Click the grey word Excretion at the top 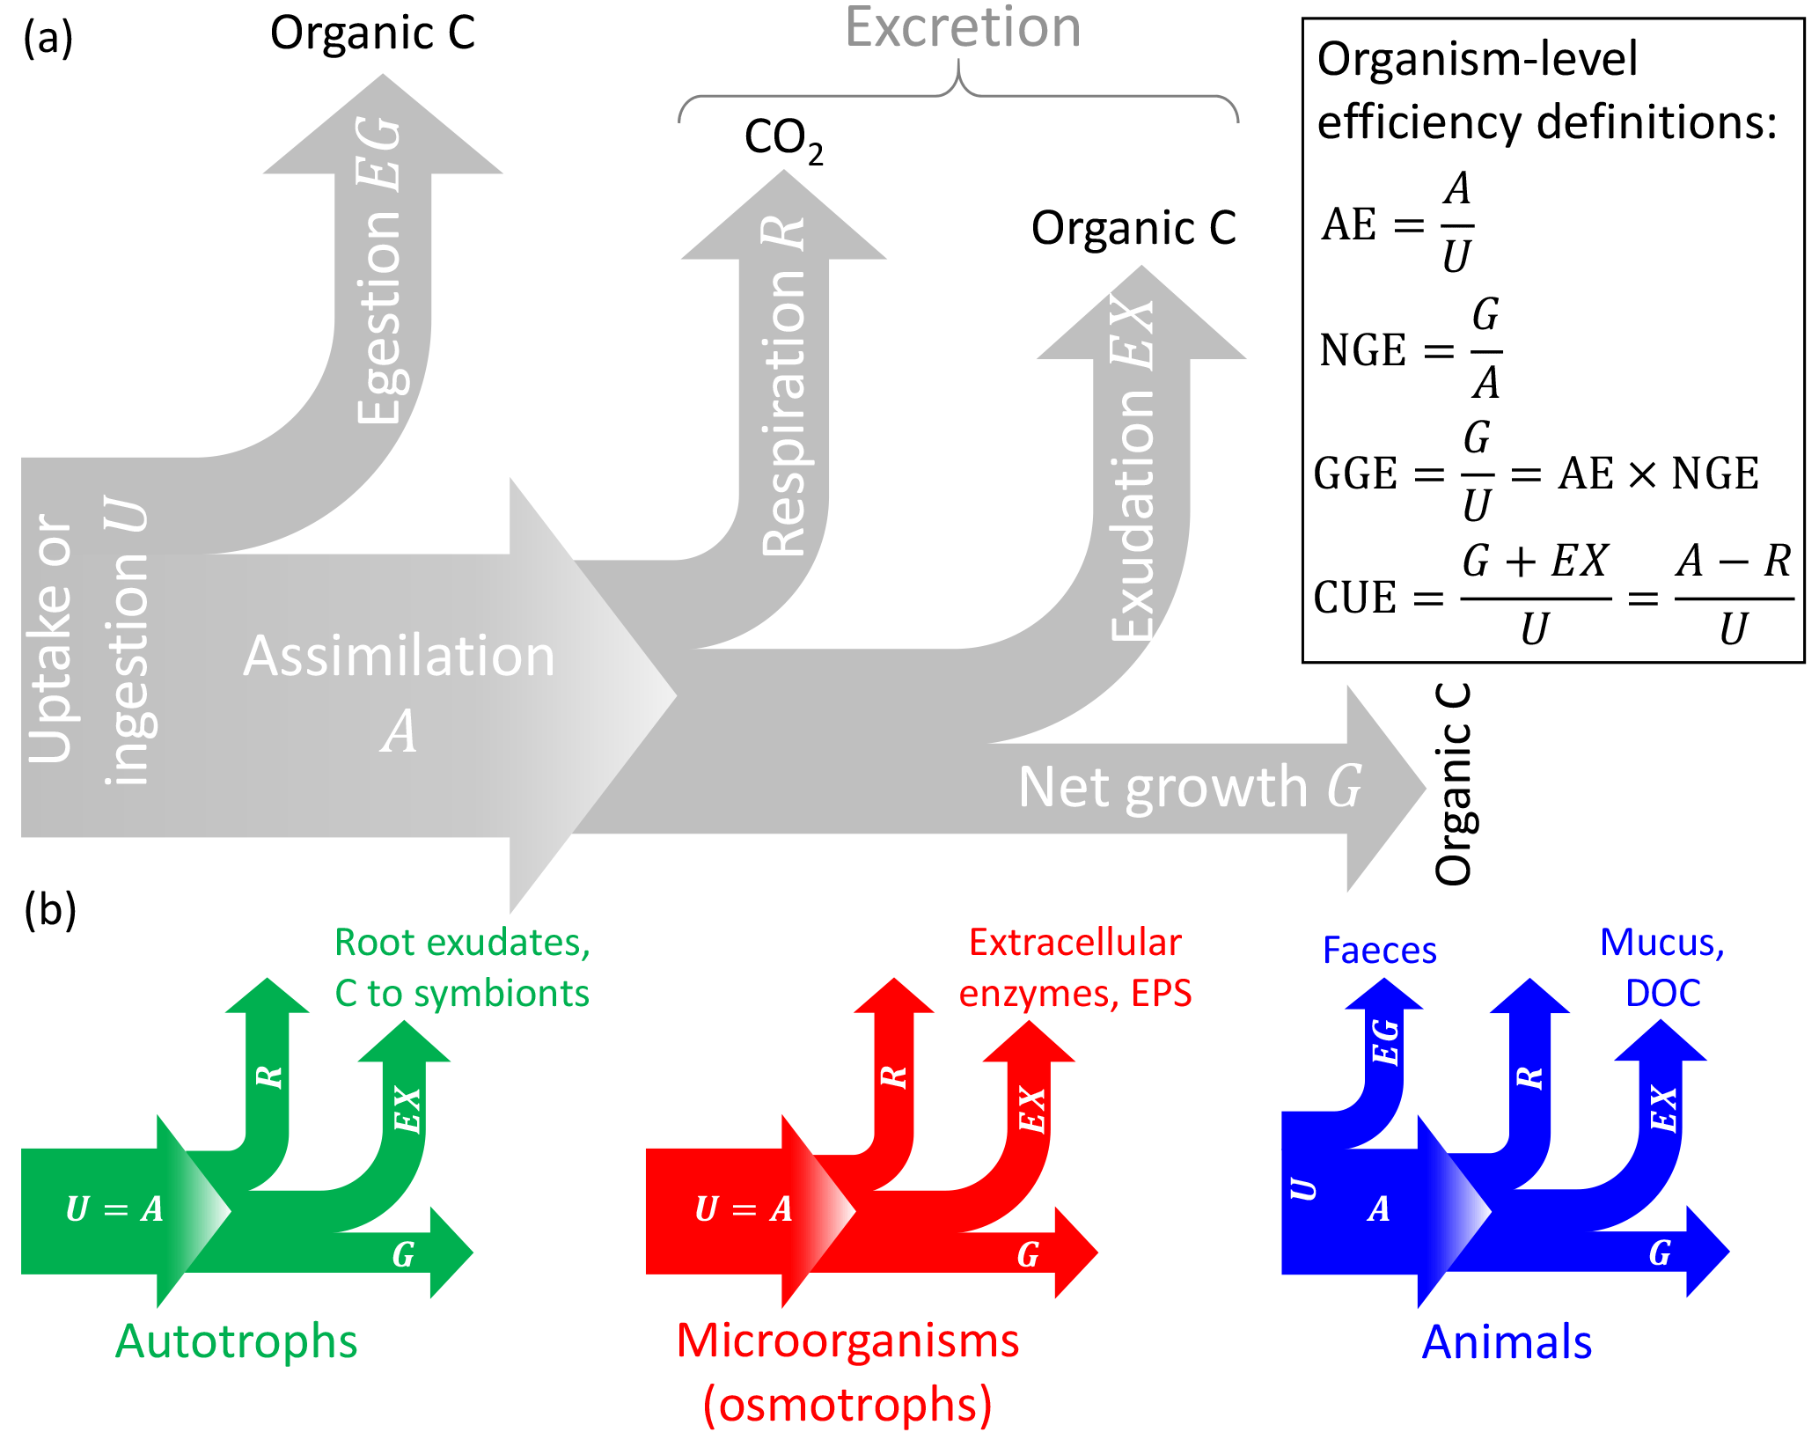click(x=963, y=28)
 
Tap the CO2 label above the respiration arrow click(x=783, y=139)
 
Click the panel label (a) click(x=48, y=39)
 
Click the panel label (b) click(x=50, y=909)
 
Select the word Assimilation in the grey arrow click(x=399, y=657)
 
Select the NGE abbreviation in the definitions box click(x=1362, y=350)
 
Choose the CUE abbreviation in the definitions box click(x=1355, y=598)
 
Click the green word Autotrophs click(x=236, y=1341)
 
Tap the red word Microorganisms click(x=847, y=1340)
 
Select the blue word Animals click(x=1507, y=1342)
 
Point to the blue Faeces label click(x=1379, y=951)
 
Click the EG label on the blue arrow click(x=1385, y=1042)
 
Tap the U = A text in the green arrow click(x=114, y=1209)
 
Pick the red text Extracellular click(x=1075, y=943)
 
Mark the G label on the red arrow click(x=1028, y=1254)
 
